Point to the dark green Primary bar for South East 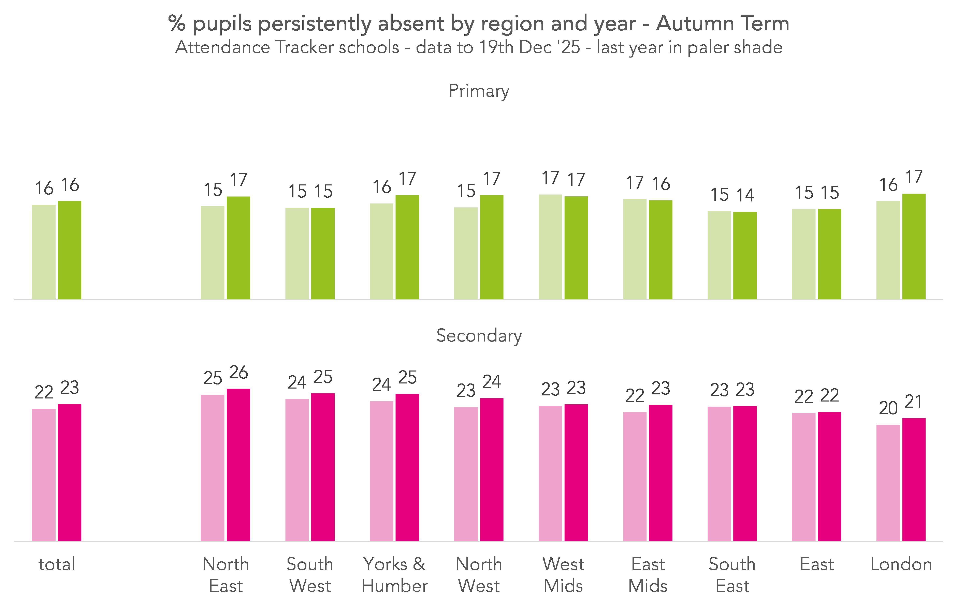745,256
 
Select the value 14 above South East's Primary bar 745,195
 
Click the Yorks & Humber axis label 394,575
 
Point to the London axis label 901,564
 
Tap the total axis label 57,564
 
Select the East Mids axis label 648,575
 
